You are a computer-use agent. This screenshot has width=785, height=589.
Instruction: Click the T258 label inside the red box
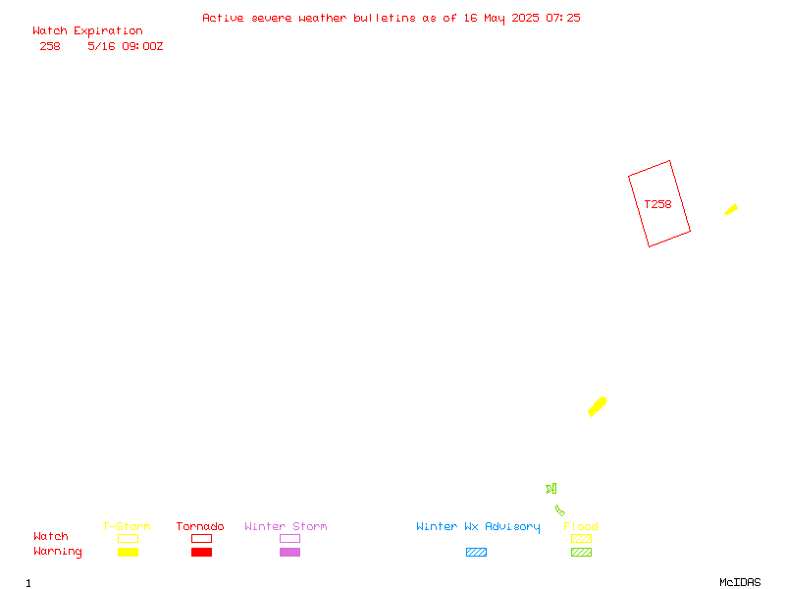click(657, 204)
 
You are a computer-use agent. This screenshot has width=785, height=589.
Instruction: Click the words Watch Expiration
click(87, 31)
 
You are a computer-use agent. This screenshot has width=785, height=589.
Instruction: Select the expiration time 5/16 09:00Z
click(126, 46)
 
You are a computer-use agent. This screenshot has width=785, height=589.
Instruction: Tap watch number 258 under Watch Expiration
click(50, 46)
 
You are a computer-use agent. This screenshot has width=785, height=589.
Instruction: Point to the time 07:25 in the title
click(563, 18)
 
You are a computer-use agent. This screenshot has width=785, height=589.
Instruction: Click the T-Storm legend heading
click(127, 526)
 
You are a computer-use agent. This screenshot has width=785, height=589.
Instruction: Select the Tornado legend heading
click(200, 526)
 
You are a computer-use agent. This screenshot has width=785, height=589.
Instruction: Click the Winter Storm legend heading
click(286, 526)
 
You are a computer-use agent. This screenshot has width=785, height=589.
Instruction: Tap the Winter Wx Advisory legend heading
click(478, 527)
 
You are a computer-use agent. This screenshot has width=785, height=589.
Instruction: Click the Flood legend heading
click(581, 526)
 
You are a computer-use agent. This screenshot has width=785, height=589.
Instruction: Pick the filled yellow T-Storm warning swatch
click(129, 553)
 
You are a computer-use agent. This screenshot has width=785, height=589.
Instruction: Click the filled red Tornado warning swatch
click(202, 553)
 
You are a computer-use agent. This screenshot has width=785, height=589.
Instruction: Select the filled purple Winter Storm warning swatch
click(289, 553)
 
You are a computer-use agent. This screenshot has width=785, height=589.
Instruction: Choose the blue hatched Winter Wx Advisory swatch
click(476, 553)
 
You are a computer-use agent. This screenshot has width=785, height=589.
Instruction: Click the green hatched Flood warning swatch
click(581, 553)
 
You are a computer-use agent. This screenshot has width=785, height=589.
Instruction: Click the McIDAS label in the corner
click(740, 582)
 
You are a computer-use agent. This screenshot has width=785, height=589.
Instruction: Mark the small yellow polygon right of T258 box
click(731, 209)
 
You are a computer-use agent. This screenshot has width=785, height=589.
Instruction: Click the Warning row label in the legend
click(58, 552)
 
